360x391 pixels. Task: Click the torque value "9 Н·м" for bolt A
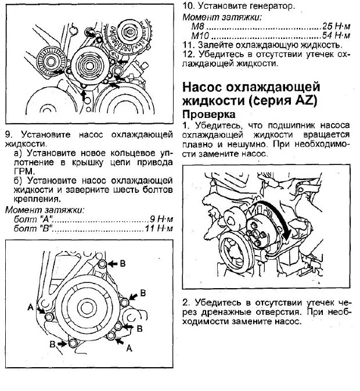[x=161, y=219]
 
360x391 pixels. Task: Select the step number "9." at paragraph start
[x=8, y=134]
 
